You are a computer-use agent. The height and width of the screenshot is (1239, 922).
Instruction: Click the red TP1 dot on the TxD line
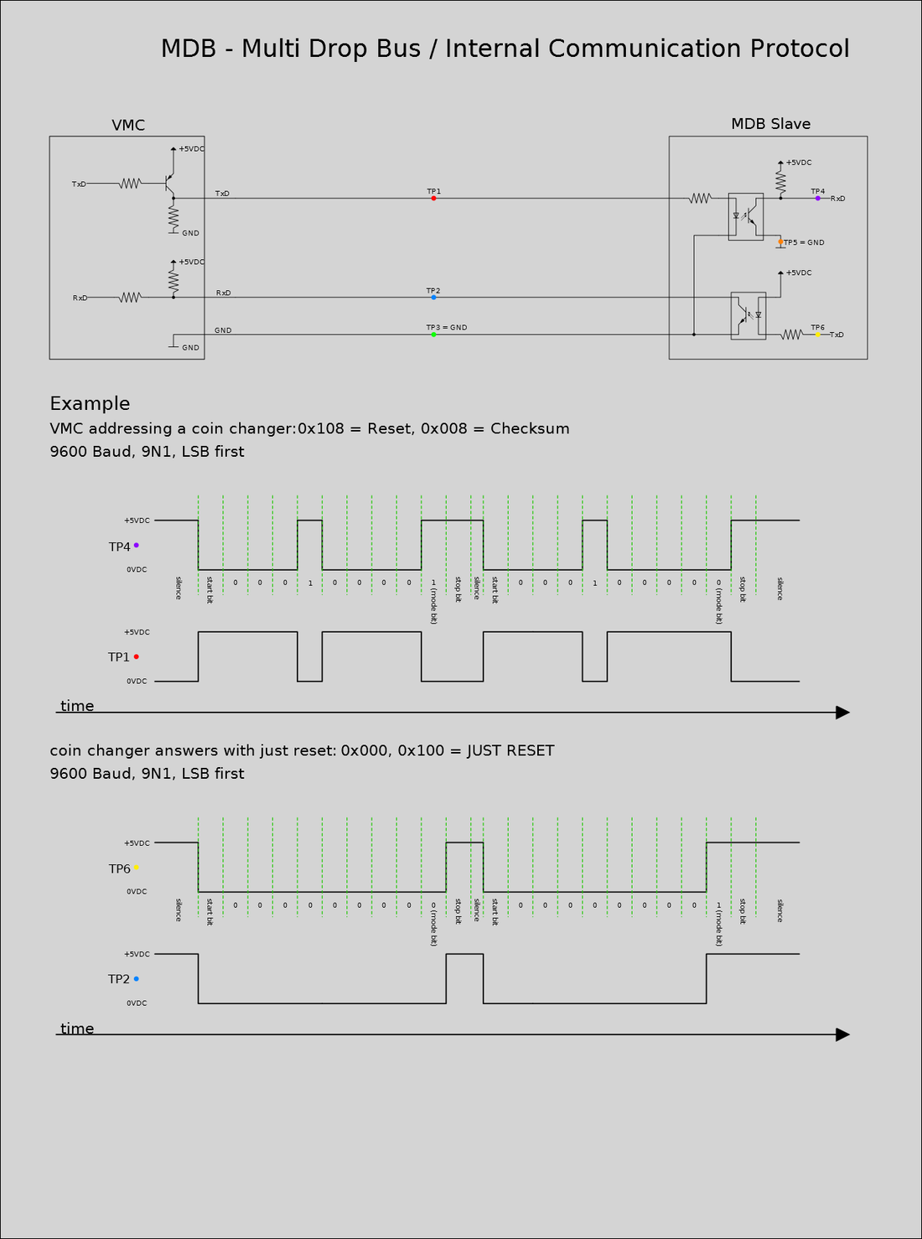[433, 199]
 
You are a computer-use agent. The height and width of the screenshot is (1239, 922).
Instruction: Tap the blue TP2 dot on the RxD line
[433, 298]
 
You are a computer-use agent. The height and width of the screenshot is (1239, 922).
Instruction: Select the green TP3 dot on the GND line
[433, 334]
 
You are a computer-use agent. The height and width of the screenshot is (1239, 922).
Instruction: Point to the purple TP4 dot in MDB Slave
[817, 199]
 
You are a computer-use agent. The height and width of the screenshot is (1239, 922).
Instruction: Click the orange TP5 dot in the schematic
[780, 242]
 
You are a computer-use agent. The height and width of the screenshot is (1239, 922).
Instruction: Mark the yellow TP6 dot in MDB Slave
[817, 334]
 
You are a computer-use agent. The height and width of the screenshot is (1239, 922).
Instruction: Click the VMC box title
[128, 125]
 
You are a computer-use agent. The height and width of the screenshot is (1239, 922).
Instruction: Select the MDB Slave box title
[770, 124]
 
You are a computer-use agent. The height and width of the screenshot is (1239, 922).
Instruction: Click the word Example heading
[90, 403]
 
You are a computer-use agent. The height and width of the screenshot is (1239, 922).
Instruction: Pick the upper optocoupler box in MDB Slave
[745, 217]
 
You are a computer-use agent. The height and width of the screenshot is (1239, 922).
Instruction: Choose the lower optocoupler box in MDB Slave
[748, 315]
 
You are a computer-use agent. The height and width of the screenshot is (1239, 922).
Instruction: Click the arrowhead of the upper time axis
[842, 713]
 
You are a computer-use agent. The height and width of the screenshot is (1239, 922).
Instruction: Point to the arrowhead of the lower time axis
[842, 1034]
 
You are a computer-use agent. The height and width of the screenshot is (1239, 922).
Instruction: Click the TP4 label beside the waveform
[119, 547]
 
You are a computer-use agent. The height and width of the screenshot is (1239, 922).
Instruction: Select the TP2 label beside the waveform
[118, 979]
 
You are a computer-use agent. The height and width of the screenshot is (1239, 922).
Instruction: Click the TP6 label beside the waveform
[119, 868]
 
